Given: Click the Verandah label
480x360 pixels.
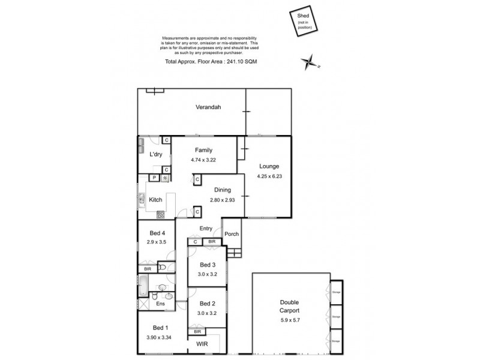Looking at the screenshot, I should (208, 107).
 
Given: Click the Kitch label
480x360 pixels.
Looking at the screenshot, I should (155, 200).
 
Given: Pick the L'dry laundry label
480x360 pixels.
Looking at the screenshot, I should (155, 155).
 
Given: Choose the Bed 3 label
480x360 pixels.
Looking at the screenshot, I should (207, 265).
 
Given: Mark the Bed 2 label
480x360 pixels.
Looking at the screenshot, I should (207, 304).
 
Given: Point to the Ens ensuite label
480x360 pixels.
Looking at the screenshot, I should (160, 304).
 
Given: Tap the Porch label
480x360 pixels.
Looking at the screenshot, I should (232, 234).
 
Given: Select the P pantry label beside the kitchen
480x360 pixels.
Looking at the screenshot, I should (154, 178).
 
